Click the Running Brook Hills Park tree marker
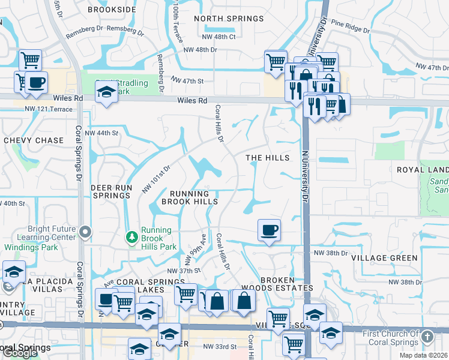point(131,238)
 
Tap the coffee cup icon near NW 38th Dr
point(269,229)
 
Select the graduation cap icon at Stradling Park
point(106,91)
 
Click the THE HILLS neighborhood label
point(268,158)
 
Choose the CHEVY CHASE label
point(34,140)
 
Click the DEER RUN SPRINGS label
point(111,191)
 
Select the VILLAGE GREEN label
point(384,258)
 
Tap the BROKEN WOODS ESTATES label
point(286,284)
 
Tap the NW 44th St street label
point(98,133)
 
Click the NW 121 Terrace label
point(49,109)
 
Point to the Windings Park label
point(28,247)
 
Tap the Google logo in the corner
point(20,353)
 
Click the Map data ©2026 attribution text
point(424,355)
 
